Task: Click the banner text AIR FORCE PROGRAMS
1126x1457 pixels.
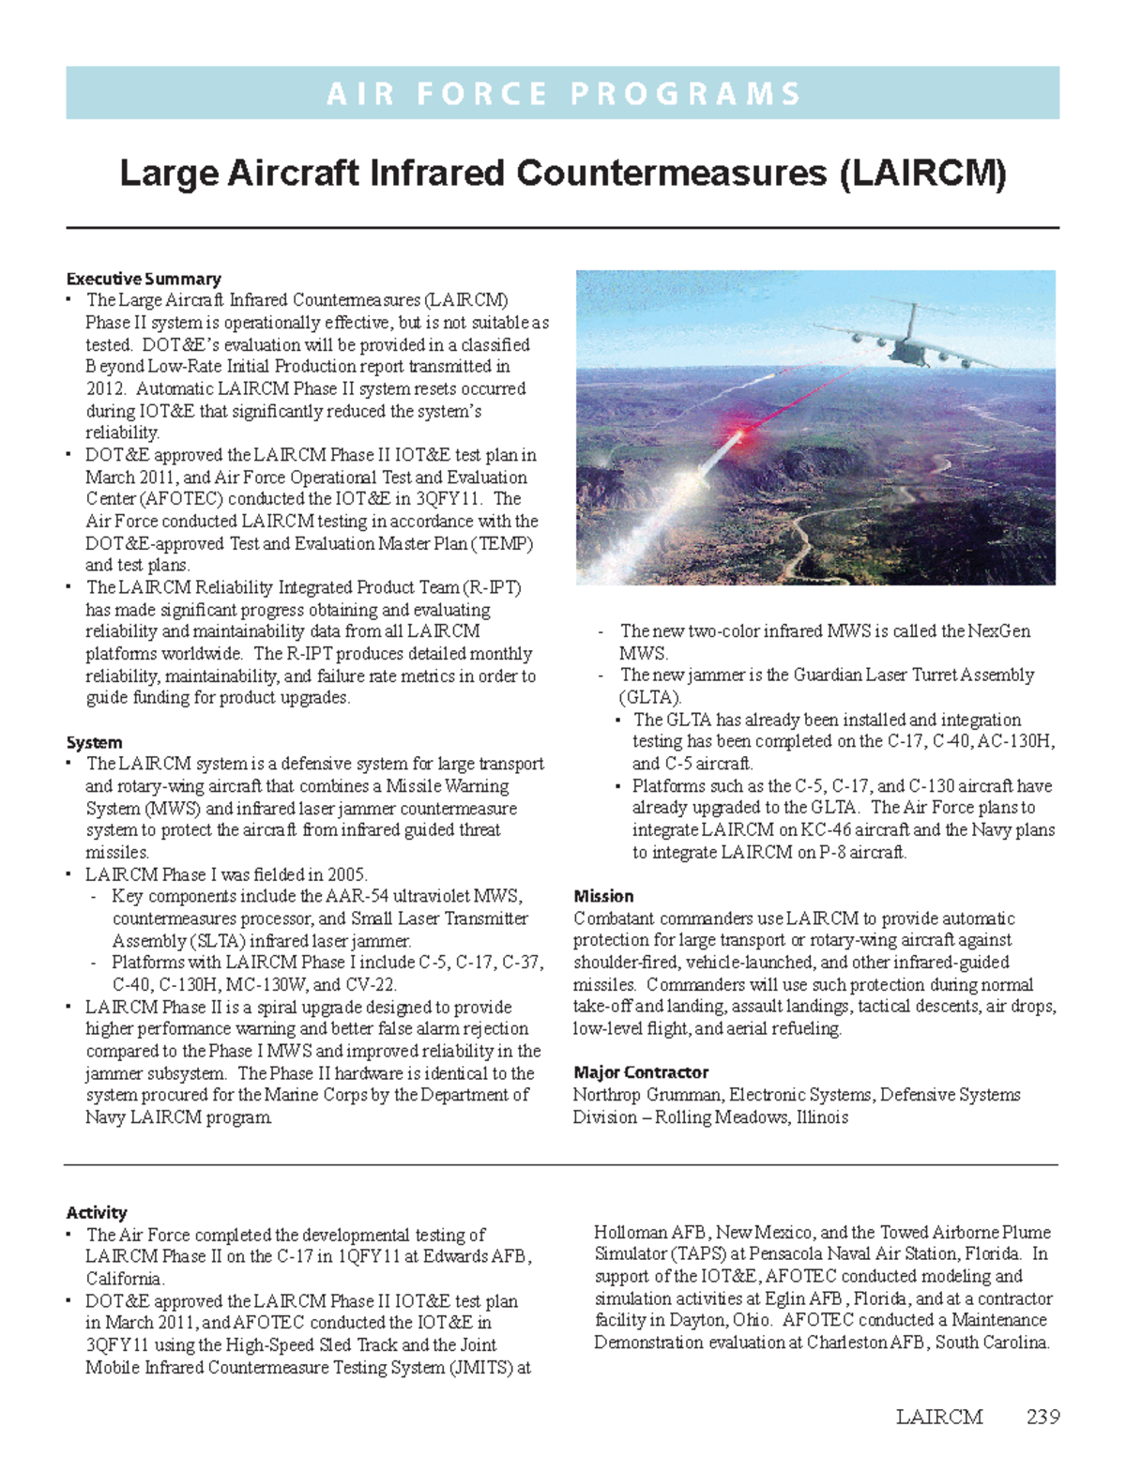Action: (x=563, y=94)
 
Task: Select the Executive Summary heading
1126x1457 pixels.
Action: (x=144, y=279)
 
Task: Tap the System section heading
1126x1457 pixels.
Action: (x=94, y=742)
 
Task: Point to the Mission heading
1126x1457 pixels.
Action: (x=603, y=896)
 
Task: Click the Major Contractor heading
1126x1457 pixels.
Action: (x=641, y=1072)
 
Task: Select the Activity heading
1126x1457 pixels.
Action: (x=97, y=1212)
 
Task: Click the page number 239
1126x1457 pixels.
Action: (x=1042, y=1417)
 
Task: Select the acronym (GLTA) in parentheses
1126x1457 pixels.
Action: (x=649, y=697)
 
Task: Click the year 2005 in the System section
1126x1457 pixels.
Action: (x=345, y=874)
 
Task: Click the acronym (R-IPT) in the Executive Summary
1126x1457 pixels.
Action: (x=491, y=587)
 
